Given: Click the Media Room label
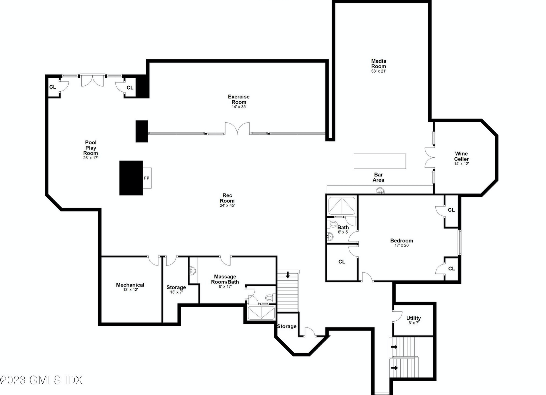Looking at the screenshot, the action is pos(379,63).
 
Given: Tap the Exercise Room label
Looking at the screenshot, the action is pos(239,99).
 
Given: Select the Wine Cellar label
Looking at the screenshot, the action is pos(461,156).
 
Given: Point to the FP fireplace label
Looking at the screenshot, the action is pos(147,178).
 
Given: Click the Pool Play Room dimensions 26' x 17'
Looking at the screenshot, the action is pos(91,158).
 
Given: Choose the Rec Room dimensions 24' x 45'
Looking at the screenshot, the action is pos(227,205).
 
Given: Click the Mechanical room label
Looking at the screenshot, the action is pos(130,285).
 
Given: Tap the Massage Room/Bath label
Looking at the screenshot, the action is pos(225,279).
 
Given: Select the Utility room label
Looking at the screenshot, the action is pos(413,318).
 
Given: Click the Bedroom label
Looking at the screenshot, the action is pos(402,240).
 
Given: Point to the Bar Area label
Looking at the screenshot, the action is pos(378,177).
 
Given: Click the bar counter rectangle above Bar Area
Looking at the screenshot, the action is pos(380,161).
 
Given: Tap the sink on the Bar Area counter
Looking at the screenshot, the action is pos(380,191).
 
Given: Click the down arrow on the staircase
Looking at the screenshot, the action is pos(288,275).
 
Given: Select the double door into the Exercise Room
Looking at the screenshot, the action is pos(237,128).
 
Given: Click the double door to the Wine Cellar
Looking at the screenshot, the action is pos(430,157).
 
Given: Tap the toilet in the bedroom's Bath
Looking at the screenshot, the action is pos(333,224).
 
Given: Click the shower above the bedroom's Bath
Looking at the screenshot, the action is pos(342,205).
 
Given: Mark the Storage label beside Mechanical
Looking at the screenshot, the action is pos(176,287).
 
